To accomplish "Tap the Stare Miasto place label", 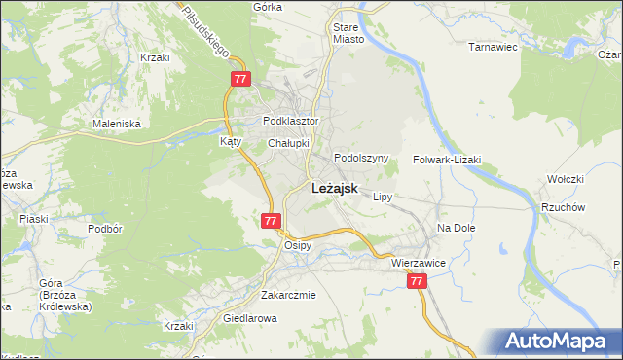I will (x=348, y=34).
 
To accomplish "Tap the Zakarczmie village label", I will (x=288, y=295).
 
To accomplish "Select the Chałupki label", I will (x=288, y=143).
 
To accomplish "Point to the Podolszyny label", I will (x=361, y=158).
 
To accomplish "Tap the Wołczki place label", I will (x=565, y=179).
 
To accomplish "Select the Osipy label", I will (x=297, y=245).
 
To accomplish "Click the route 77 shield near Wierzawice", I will (x=417, y=280).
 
